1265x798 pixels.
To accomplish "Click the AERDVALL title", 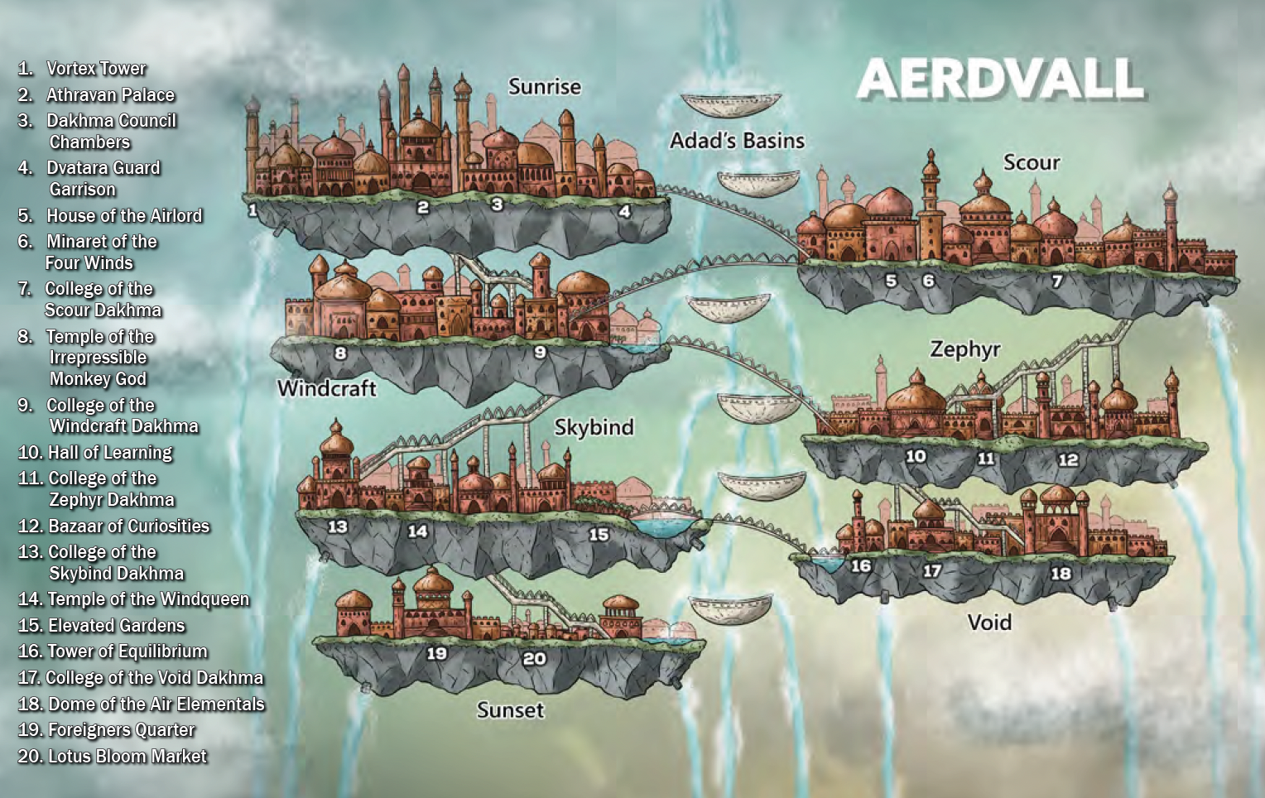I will click(1000, 79).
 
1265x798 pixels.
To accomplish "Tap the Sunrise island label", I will click(544, 87).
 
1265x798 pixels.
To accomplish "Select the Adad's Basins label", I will click(737, 141).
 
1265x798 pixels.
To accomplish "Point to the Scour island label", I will click(1031, 162).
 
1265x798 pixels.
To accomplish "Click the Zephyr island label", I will click(964, 349).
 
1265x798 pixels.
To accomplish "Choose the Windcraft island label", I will click(326, 388).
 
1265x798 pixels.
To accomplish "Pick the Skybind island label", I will click(594, 427).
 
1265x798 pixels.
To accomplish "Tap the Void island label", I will click(989, 622).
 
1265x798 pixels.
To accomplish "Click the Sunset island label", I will click(510, 710).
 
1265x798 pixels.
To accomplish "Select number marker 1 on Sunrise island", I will click(253, 210).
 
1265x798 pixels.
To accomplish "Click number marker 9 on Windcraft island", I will click(540, 352).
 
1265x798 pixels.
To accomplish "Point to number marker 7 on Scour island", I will click(1057, 281).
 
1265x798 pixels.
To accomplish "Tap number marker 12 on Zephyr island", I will click(1068, 459).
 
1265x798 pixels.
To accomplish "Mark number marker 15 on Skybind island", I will click(599, 535).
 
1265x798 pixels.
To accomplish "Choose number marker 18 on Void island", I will click(1061, 573).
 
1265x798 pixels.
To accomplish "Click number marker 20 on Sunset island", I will click(534, 659).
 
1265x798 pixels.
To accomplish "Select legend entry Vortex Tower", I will click(95, 69).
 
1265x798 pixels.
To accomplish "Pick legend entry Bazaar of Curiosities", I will click(128, 526).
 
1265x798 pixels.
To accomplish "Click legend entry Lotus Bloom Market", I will click(127, 757).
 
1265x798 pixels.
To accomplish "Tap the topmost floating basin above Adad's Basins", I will click(731, 105).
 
